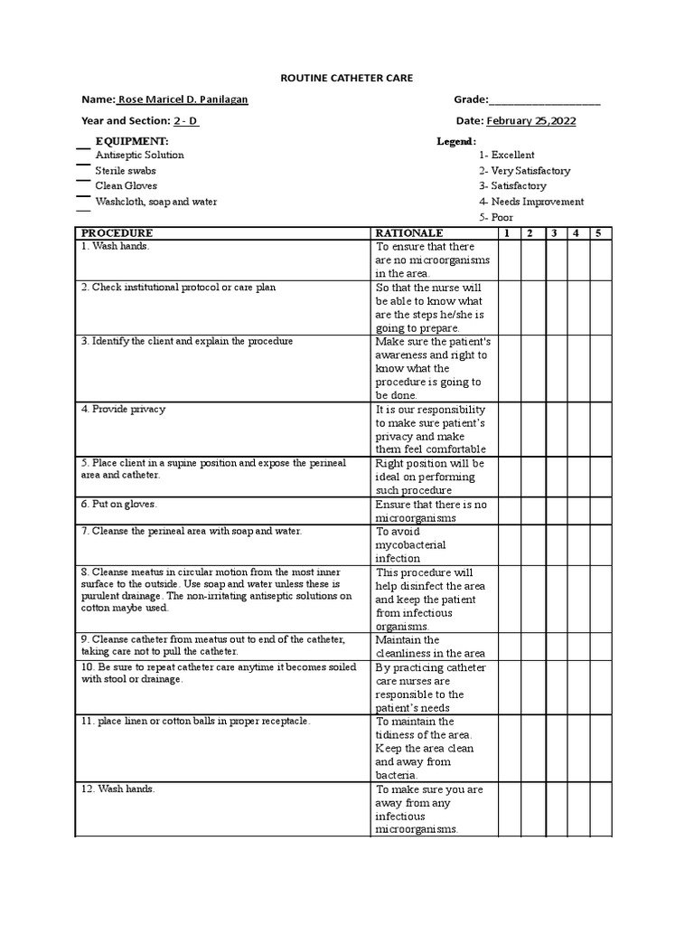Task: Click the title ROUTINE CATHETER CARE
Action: (346, 79)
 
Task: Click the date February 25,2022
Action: (531, 120)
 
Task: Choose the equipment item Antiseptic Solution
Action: (139, 155)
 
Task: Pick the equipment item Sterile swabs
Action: (126, 170)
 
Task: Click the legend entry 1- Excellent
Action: (506, 155)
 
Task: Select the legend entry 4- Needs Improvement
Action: (531, 202)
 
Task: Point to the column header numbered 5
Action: (597, 233)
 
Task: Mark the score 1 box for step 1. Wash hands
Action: (508, 260)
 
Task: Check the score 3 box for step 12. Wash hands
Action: (557, 809)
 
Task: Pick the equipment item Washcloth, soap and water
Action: (155, 202)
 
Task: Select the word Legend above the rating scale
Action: (455, 142)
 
